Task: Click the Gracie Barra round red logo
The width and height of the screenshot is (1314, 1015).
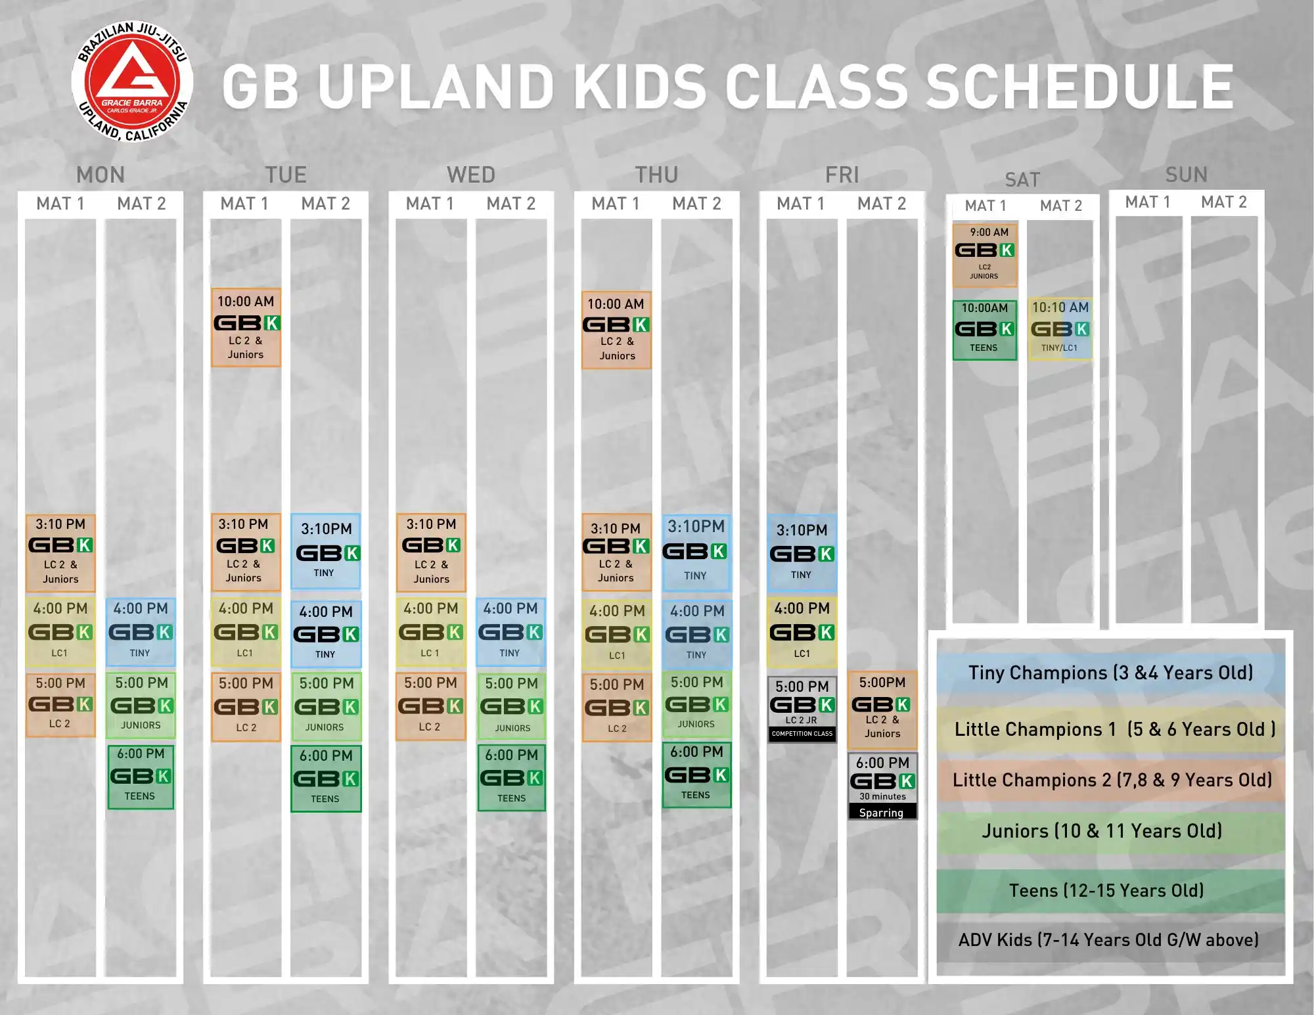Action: [x=132, y=81]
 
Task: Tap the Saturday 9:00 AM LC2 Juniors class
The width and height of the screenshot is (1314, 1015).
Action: [x=984, y=255]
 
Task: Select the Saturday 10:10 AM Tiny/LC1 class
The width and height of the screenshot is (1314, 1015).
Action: [x=1060, y=328]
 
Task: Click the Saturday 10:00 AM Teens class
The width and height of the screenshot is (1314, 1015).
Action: [x=984, y=329]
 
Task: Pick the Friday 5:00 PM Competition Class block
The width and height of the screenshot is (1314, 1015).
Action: [x=802, y=710]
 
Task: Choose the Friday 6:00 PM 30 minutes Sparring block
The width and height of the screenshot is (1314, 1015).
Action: [x=882, y=786]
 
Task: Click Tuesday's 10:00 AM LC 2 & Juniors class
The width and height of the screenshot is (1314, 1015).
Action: [x=246, y=327]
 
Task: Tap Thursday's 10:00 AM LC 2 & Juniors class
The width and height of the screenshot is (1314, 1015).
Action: [x=616, y=330]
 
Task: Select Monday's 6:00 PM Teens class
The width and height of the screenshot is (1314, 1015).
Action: [x=141, y=776]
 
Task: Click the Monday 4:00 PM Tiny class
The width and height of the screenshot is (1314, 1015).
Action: [x=141, y=632]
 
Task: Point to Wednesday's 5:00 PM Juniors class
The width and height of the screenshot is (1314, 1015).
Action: [x=512, y=706]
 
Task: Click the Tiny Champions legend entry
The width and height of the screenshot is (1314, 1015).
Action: [x=1111, y=673]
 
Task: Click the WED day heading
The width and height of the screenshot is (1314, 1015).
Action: [x=471, y=175]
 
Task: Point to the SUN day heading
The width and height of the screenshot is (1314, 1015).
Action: [x=1187, y=174]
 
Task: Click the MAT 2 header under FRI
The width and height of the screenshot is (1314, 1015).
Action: [x=882, y=204]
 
